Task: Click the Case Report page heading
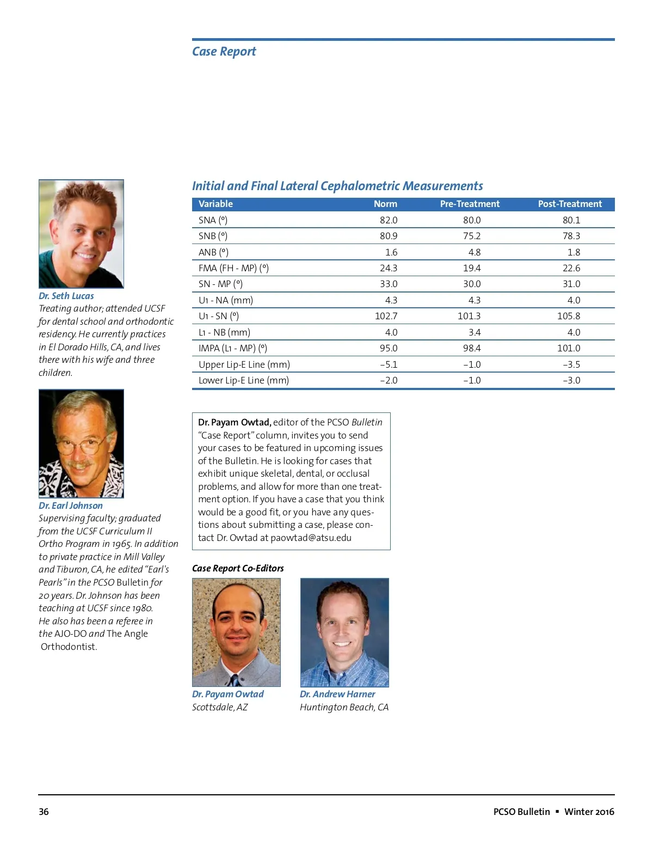click(224, 52)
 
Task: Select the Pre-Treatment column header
click(470, 204)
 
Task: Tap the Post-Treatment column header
click(570, 204)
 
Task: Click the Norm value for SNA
click(389, 220)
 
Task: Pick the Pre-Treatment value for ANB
click(474, 252)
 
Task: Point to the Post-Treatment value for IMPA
click(569, 348)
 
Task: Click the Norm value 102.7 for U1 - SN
click(386, 316)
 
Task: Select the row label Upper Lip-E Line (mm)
click(244, 364)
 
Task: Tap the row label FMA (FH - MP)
click(233, 268)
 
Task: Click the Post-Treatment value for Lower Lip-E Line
click(571, 380)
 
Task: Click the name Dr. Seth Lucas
click(66, 296)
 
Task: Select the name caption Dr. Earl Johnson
click(71, 506)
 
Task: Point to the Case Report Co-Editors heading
click(238, 568)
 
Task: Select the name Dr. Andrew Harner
click(337, 694)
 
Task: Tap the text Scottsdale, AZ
click(220, 707)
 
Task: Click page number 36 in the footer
click(44, 812)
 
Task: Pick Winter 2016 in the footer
click(589, 812)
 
